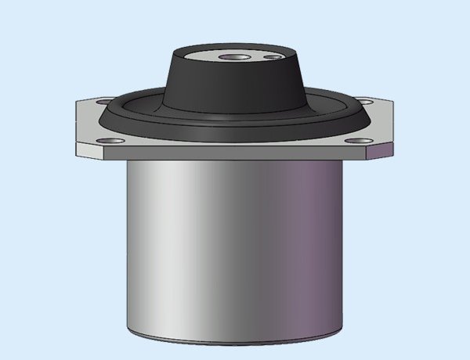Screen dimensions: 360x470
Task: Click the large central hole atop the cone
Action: [233, 59]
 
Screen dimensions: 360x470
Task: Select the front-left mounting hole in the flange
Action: [114, 141]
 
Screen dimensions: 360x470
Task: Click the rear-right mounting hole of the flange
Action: [366, 100]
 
